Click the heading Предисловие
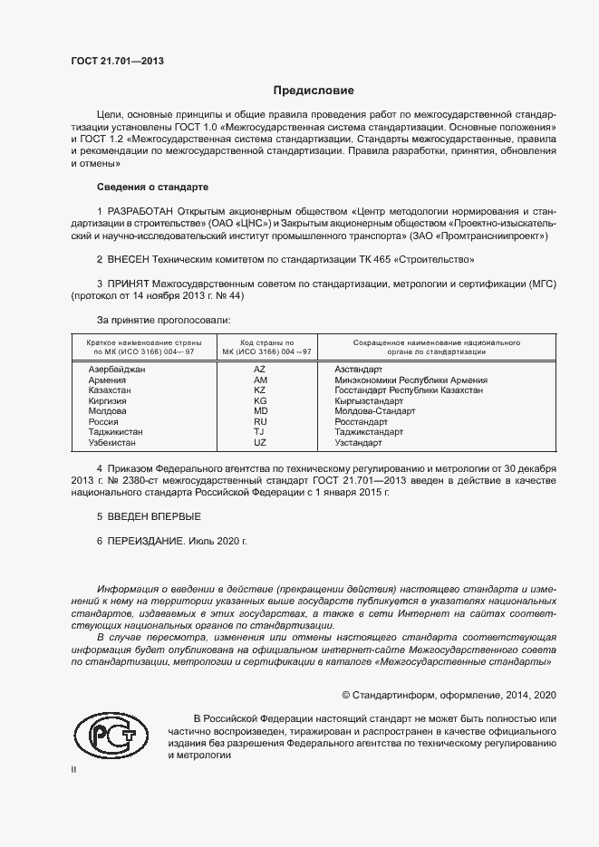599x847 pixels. tap(314, 91)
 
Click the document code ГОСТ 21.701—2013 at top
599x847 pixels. tap(117, 62)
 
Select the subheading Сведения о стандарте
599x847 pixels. tap(152, 187)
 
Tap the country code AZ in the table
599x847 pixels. tap(259, 370)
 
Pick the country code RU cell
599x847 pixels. tap(260, 421)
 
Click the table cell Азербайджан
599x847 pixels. tap(116, 370)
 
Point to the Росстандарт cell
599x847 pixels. tap(361, 421)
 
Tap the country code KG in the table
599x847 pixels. tap(260, 400)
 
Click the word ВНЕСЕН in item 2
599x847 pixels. tap(132, 259)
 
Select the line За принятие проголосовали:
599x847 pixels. tap(163, 320)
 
